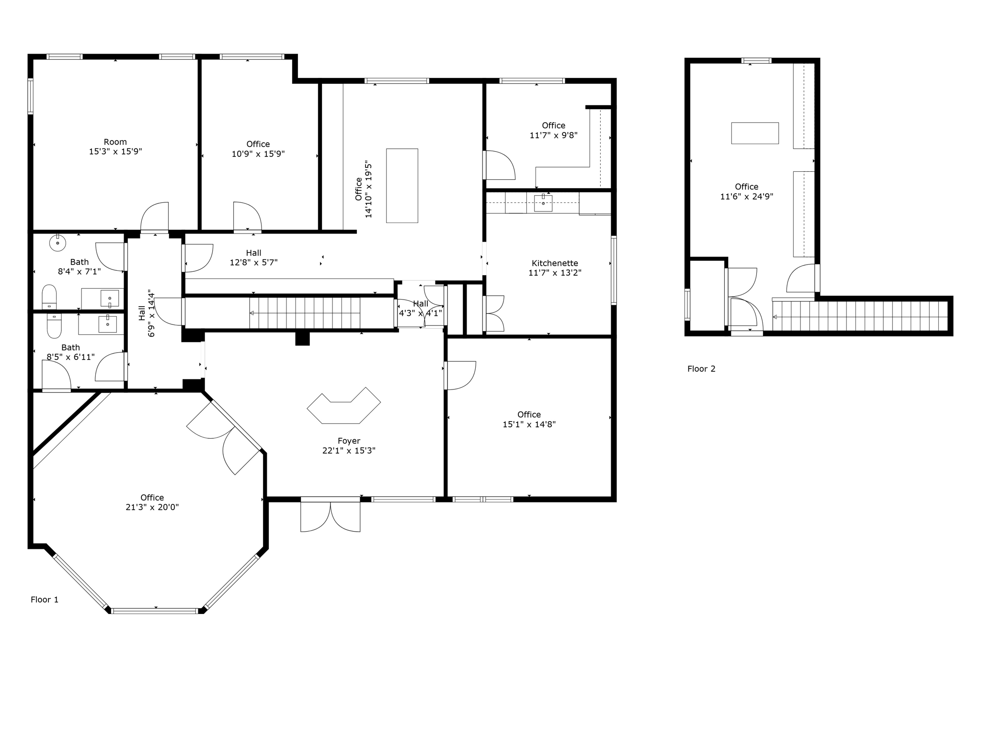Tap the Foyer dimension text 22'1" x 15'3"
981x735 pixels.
point(349,451)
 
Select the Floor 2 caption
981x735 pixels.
point(701,369)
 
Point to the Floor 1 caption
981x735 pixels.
point(45,600)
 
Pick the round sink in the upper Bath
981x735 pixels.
point(57,243)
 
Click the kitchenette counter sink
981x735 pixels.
point(543,203)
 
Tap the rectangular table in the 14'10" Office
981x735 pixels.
point(402,186)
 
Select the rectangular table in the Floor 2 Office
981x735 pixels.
point(755,133)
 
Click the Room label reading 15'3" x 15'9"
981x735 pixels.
point(115,147)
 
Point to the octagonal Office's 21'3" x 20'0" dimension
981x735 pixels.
point(152,507)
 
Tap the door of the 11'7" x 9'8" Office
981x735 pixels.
point(500,165)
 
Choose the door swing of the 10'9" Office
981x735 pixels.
point(247,216)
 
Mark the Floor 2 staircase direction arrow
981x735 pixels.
point(775,317)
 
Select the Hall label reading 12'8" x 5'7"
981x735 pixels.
point(254,257)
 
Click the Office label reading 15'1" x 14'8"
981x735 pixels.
point(529,420)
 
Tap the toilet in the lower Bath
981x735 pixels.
point(54,325)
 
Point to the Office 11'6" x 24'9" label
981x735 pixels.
point(747,191)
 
